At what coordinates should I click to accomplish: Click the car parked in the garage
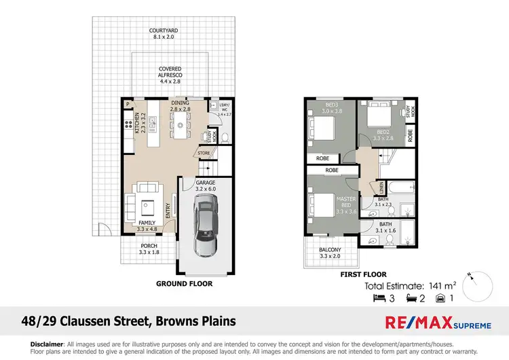pyautogui.click(x=205, y=224)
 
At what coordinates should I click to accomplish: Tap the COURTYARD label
pyautogui.click(x=164, y=35)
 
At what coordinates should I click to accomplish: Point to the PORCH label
pyautogui.click(x=149, y=249)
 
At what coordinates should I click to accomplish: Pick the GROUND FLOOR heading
pyautogui.click(x=184, y=284)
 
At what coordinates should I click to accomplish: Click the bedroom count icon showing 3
pyautogui.click(x=379, y=298)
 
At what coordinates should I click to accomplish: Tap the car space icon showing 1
pyautogui.click(x=441, y=298)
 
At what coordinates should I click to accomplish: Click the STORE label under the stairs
pyautogui.click(x=204, y=154)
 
